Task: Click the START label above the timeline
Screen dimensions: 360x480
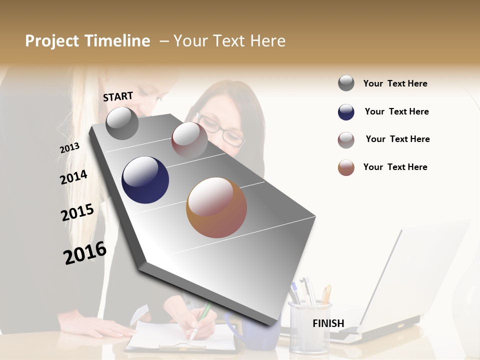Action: pyautogui.click(x=118, y=96)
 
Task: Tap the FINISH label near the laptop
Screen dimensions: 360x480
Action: pyautogui.click(x=328, y=323)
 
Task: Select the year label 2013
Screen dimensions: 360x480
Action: pyautogui.click(x=69, y=148)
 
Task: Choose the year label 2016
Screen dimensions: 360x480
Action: pyautogui.click(x=85, y=253)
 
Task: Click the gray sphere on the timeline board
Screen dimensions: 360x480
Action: pyautogui.click(x=122, y=123)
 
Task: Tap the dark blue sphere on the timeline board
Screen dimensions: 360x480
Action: pyautogui.click(x=145, y=180)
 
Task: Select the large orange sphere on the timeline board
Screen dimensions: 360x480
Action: pyautogui.click(x=216, y=207)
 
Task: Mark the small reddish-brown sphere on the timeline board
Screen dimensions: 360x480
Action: pyautogui.click(x=189, y=139)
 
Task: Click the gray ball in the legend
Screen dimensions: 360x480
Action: pyautogui.click(x=346, y=83)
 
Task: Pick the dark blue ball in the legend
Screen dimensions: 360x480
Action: pyautogui.click(x=346, y=112)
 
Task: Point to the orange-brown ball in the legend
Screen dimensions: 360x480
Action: pyautogui.click(x=346, y=167)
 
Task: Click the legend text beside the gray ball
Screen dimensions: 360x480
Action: pyautogui.click(x=395, y=83)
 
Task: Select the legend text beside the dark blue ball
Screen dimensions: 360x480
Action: pyautogui.click(x=396, y=111)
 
